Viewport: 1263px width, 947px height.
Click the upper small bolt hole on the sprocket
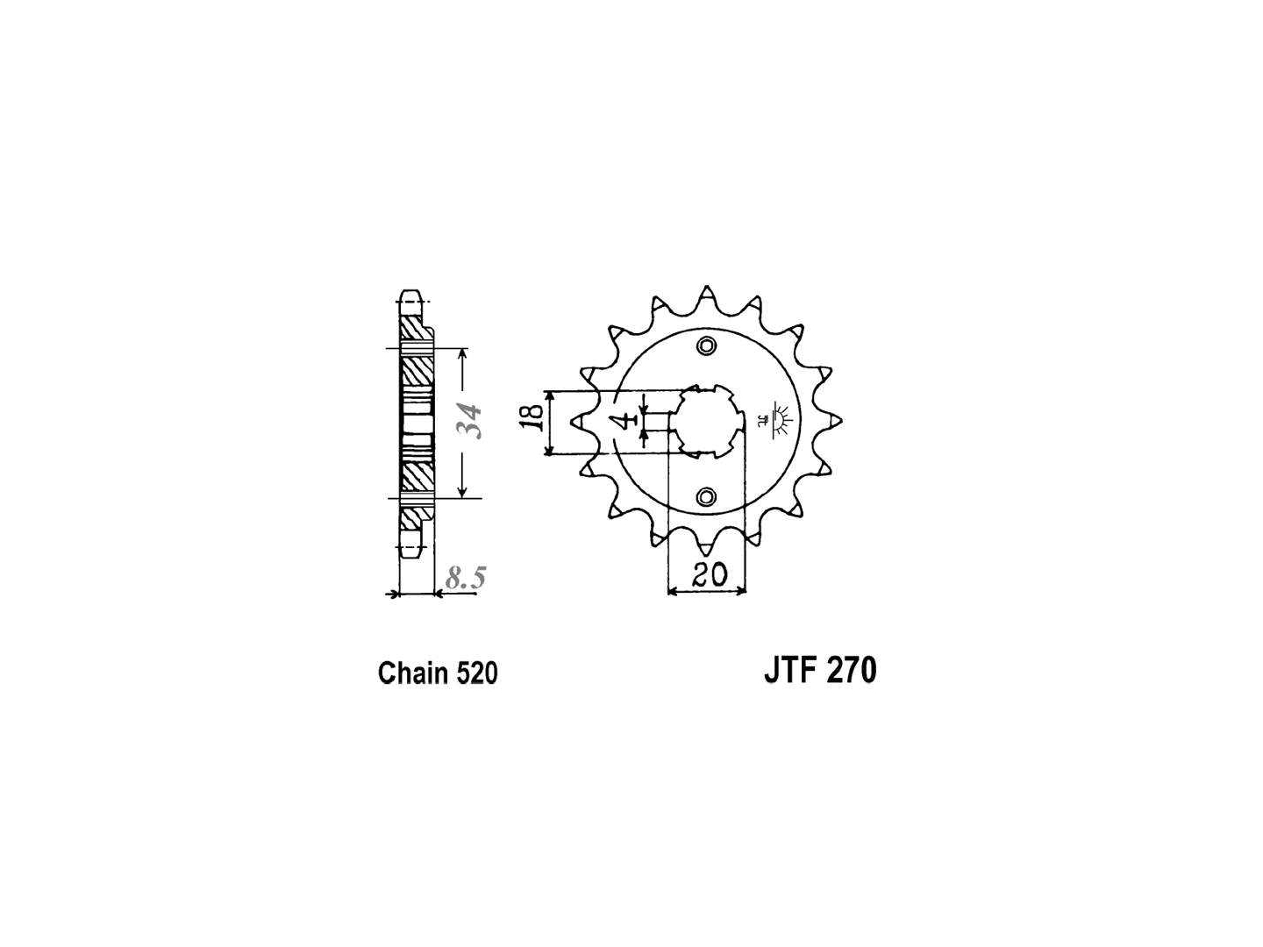(x=706, y=345)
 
